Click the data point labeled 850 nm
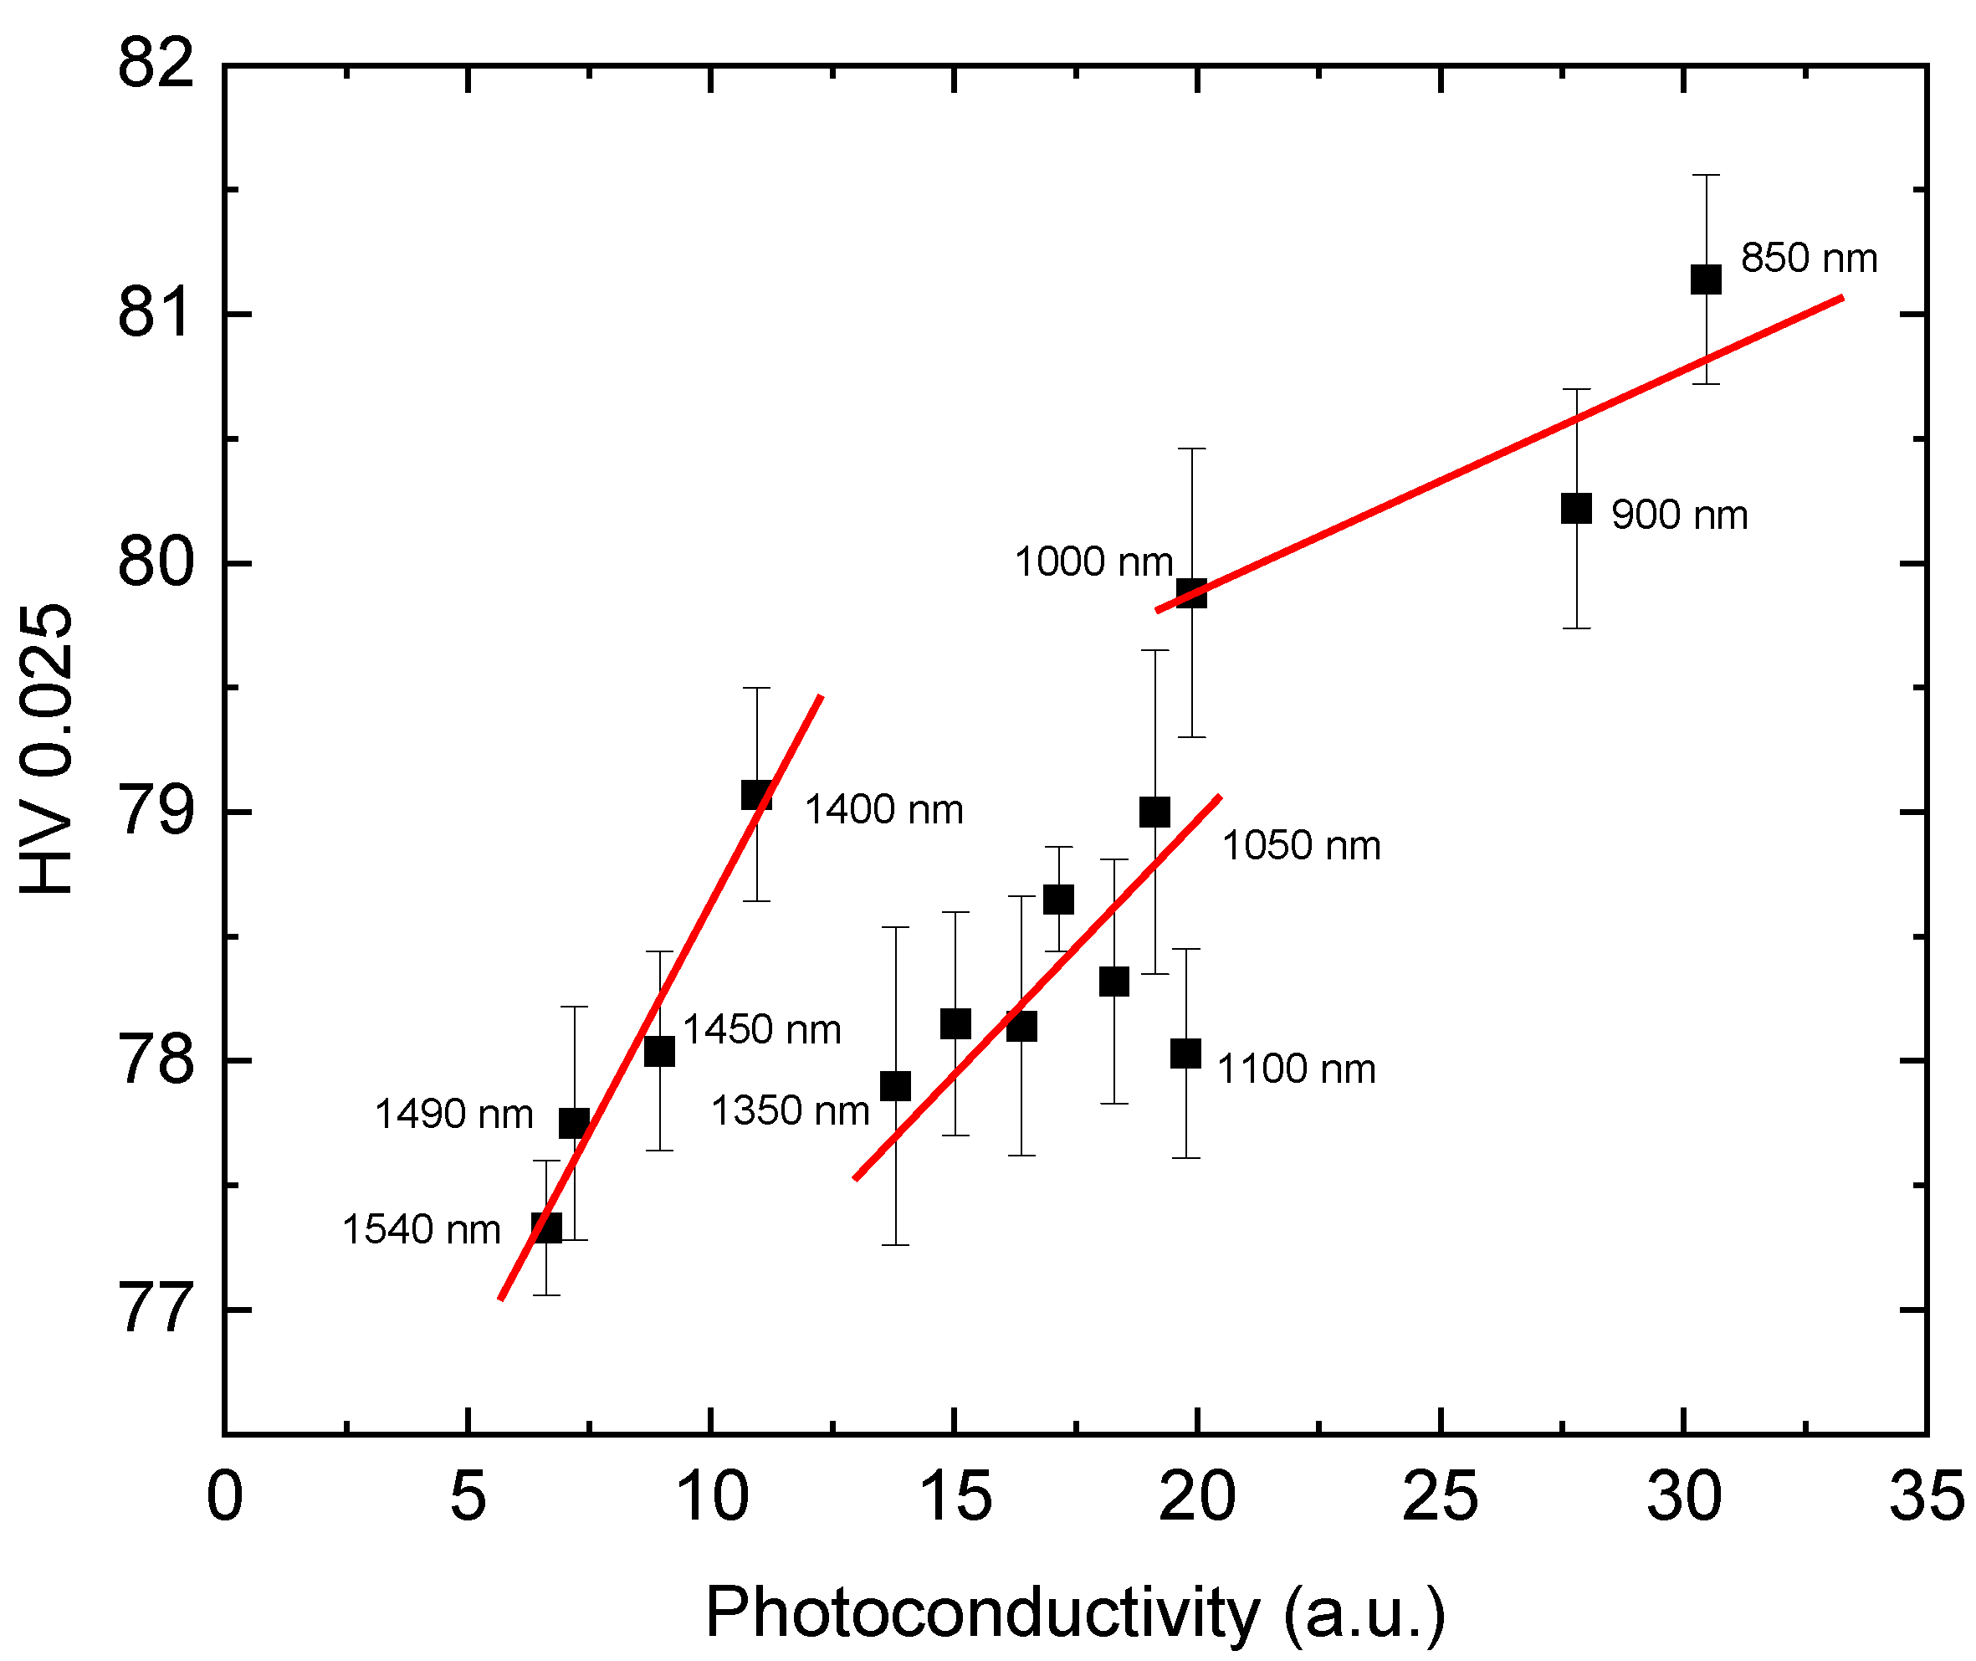click(1706, 279)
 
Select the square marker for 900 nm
click(1576, 509)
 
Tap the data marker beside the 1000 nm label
click(1192, 593)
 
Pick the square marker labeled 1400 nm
click(757, 795)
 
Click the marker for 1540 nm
click(547, 1228)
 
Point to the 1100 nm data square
click(1185, 1053)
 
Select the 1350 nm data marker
click(895, 1085)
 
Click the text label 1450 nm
click(761, 1029)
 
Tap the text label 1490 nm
click(453, 1114)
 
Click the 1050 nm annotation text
click(1301, 846)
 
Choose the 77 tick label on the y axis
click(156, 1309)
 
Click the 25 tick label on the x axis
click(1440, 1497)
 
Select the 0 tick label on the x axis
click(224, 1497)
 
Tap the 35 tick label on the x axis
click(1926, 1497)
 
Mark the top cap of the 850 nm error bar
click(1706, 175)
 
